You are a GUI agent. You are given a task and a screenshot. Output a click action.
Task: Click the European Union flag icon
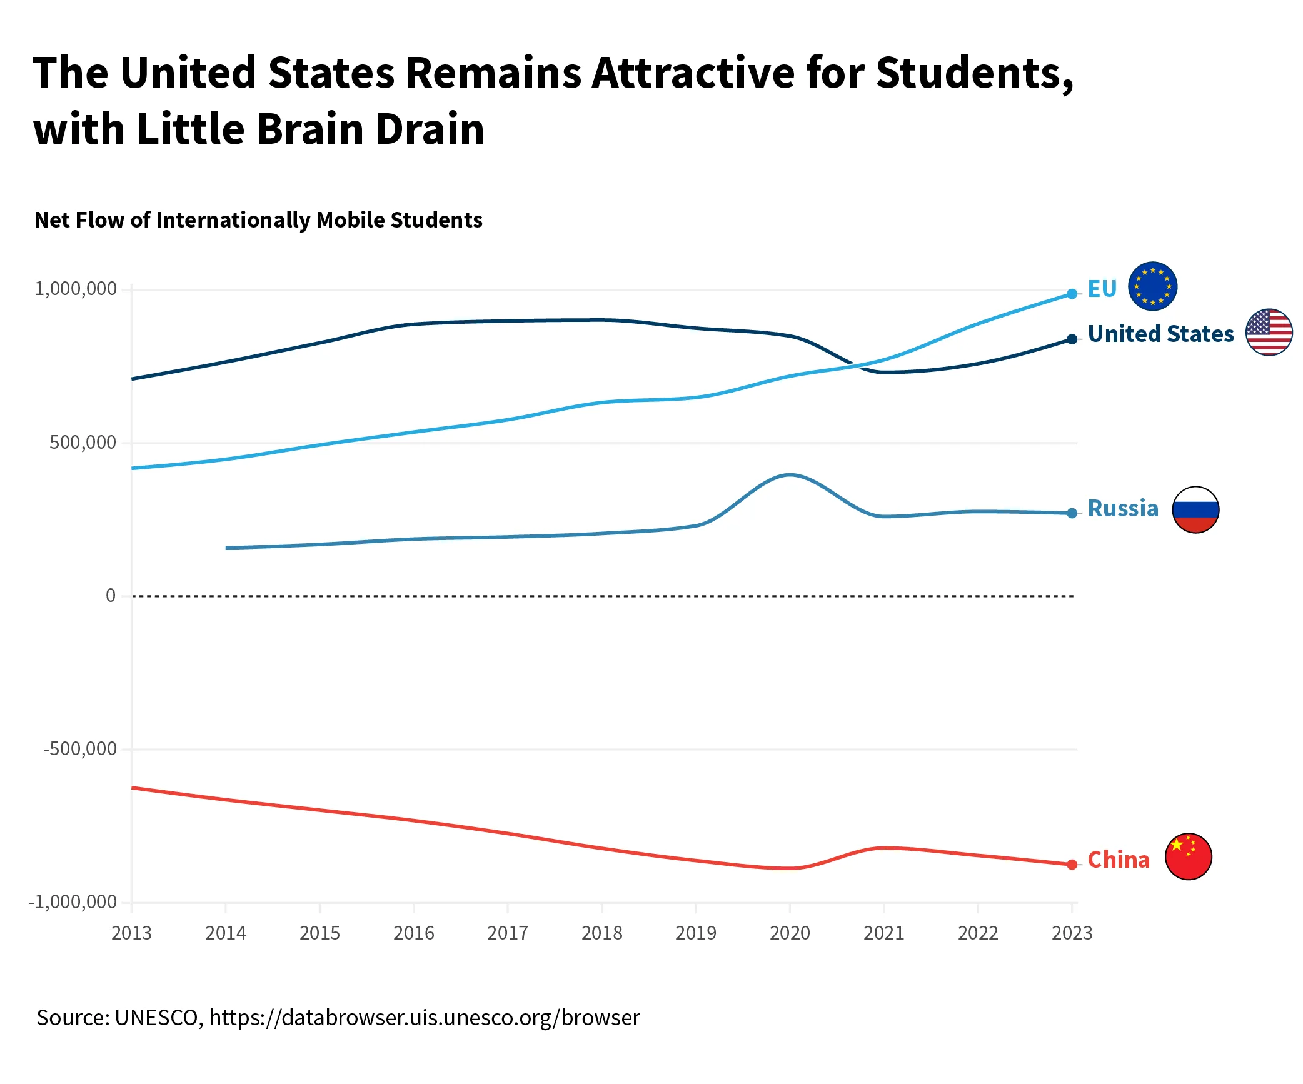[x=1152, y=286]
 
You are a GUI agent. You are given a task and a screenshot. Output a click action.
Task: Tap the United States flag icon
[x=1269, y=332]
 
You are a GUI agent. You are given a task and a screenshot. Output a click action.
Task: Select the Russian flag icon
[x=1195, y=509]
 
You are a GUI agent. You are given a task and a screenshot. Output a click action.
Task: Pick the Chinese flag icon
[x=1189, y=856]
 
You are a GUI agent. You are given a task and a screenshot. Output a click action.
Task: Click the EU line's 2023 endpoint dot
[x=1072, y=294]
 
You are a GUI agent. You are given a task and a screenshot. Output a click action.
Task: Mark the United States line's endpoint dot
[x=1072, y=339]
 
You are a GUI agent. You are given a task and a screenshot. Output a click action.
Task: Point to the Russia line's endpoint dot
[x=1072, y=513]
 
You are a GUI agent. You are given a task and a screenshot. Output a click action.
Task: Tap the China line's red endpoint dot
[x=1072, y=865]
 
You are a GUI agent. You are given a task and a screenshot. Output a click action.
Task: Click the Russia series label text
[x=1123, y=509]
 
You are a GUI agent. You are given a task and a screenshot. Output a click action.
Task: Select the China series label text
[x=1119, y=860]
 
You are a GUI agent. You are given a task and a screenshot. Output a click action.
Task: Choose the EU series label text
[x=1102, y=289]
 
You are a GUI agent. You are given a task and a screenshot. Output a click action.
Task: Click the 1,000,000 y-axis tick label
[x=76, y=289]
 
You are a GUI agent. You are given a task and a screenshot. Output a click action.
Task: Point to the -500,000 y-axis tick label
[x=80, y=748]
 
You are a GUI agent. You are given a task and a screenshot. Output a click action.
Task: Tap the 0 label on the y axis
[x=111, y=596]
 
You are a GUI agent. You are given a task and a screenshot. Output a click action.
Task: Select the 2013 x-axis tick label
[x=131, y=933]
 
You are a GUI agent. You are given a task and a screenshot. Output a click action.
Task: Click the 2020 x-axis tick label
[x=790, y=933]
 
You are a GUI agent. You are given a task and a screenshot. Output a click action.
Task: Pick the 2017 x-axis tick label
[x=508, y=933]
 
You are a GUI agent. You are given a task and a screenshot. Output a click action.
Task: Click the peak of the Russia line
[x=790, y=475]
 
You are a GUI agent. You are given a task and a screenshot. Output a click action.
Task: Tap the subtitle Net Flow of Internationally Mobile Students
[x=258, y=220]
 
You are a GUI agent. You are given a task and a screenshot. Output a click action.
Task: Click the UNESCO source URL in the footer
[x=425, y=1018]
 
